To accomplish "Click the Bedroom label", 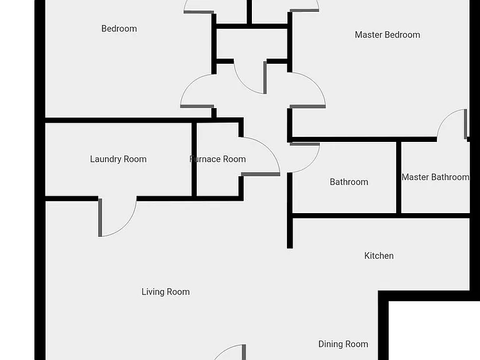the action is tap(119, 29).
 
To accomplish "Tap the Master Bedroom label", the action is tap(387, 34).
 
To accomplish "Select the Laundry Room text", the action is tap(118, 159).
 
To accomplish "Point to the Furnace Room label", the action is tap(217, 159).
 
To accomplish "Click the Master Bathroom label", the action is tap(435, 177).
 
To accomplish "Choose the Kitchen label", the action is tap(379, 256).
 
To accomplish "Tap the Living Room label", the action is tap(166, 292).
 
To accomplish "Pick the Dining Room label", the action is tap(343, 344).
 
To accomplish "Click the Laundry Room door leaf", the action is tap(100, 217).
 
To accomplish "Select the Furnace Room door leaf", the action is tap(261, 174).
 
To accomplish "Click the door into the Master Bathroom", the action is tap(466, 124).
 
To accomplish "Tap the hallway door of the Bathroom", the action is tap(305, 144).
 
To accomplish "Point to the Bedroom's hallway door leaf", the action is tap(197, 106).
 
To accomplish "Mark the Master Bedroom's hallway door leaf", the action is tap(307, 106).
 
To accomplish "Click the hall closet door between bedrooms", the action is tap(265, 77).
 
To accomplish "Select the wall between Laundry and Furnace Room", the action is tap(194, 159).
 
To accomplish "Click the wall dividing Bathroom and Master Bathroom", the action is tap(399, 177).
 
